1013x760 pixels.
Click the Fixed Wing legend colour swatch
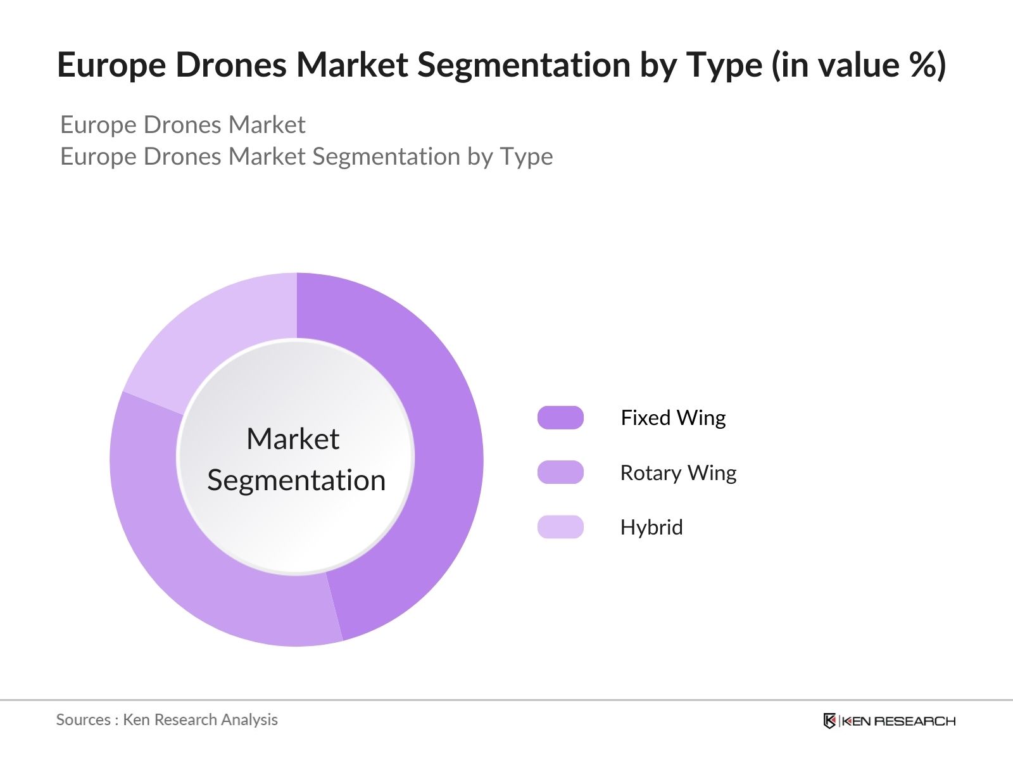pyautogui.click(x=560, y=418)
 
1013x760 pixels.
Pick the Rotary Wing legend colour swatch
pyautogui.click(x=560, y=472)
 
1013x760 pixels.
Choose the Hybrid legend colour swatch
pyautogui.click(x=560, y=527)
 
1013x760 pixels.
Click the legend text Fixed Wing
pyautogui.click(x=673, y=418)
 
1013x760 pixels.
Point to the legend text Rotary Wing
pyautogui.click(x=678, y=473)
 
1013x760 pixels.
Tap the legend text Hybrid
pyautogui.click(x=651, y=528)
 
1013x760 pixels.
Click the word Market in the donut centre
pyautogui.click(x=293, y=439)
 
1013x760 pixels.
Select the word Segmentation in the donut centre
pyautogui.click(x=296, y=480)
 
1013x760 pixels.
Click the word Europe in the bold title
pyautogui.click(x=111, y=65)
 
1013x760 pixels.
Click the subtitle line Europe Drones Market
pyautogui.click(x=182, y=125)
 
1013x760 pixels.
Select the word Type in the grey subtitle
pyautogui.click(x=526, y=157)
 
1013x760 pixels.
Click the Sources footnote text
pyautogui.click(x=167, y=719)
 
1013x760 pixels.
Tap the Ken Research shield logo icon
pyautogui.click(x=829, y=721)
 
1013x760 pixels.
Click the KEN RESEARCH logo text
pyautogui.click(x=898, y=721)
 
